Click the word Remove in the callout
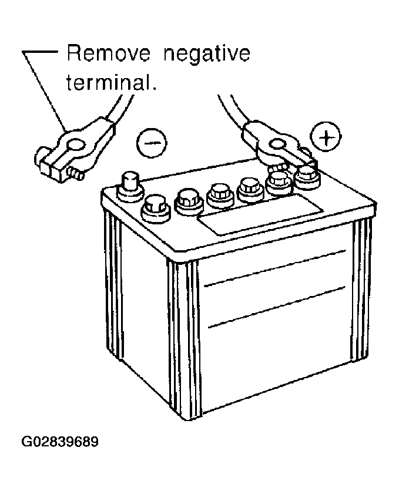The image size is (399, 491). [x=108, y=53]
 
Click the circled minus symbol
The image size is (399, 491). [x=151, y=143]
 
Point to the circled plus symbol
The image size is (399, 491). [x=326, y=137]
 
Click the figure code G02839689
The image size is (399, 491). [x=60, y=442]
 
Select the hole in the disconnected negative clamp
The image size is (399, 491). [x=75, y=145]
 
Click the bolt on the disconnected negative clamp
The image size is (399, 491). [x=75, y=173]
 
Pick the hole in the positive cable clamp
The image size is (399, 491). [x=277, y=144]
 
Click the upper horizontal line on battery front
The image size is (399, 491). [x=274, y=268]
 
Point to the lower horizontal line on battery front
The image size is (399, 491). [x=277, y=307]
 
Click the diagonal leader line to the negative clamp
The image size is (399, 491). [x=45, y=92]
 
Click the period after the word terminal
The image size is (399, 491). [x=153, y=89]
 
